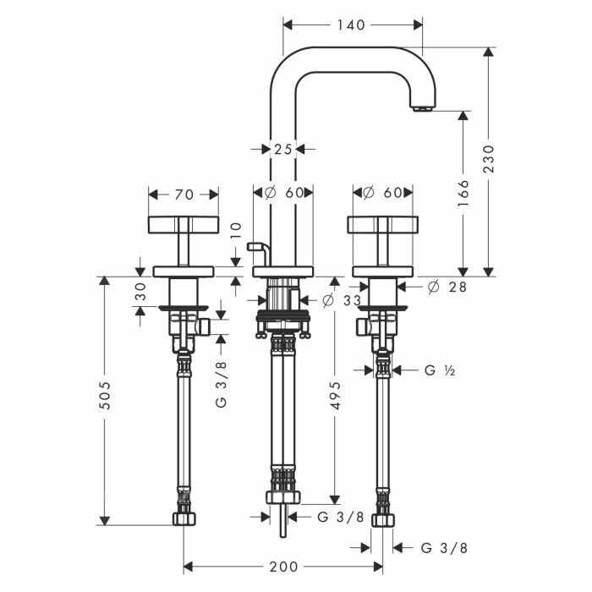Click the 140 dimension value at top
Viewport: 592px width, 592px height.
351,25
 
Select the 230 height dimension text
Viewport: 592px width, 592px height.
489,159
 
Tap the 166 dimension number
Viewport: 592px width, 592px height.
463,194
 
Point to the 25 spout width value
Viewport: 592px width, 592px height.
283,150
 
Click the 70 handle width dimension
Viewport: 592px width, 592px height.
184,195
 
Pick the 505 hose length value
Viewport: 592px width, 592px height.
105,395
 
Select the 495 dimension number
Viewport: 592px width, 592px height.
335,395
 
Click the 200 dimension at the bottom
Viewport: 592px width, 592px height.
283,567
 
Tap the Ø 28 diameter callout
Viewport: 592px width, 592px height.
447,287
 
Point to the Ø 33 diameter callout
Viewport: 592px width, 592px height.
342,300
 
